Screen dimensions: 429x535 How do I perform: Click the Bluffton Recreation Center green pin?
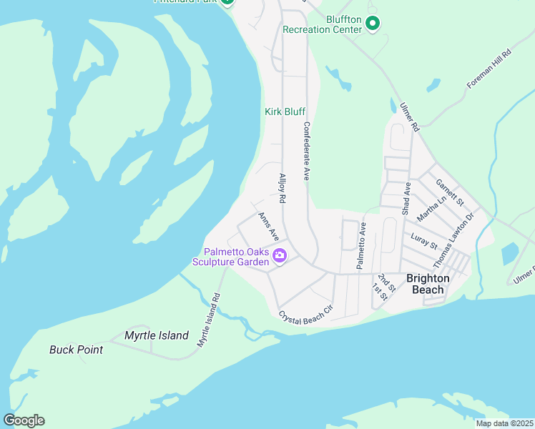tap(372, 24)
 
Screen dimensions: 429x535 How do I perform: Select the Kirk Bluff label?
tap(285, 112)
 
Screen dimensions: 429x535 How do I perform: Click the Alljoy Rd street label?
tap(283, 189)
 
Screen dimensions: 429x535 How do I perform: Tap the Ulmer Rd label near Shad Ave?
tap(409, 116)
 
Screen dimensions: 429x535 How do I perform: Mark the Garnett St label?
tap(450, 191)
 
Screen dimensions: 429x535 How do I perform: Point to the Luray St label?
tap(425, 240)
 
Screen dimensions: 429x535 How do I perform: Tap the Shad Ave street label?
tap(406, 198)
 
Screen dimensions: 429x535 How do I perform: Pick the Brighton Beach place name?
tap(428, 284)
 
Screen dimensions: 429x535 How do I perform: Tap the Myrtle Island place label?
tap(157, 335)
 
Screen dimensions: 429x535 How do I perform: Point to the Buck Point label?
tap(76, 350)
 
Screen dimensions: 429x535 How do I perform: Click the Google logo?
tap(24, 420)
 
